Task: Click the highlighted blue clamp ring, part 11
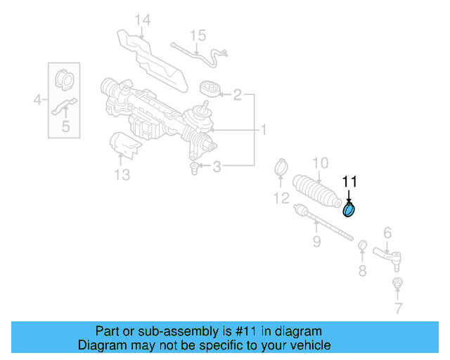tap(349, 210)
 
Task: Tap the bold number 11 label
tap(349, 182)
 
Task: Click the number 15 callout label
tap(198, 34)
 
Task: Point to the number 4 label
tap(38, 101)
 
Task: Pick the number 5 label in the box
tap(65, 127)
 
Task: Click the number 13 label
tap(122, 174)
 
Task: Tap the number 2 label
tap(238, 94)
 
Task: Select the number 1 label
tap(264, 130)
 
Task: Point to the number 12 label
tap(281, 198)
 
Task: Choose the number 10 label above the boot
tap(320, 163)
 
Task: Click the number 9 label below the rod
tap(316, 242)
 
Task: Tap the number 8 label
tap(362, 271)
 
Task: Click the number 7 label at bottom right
tap(398, 308)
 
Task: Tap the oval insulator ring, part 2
tap(209, 89)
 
